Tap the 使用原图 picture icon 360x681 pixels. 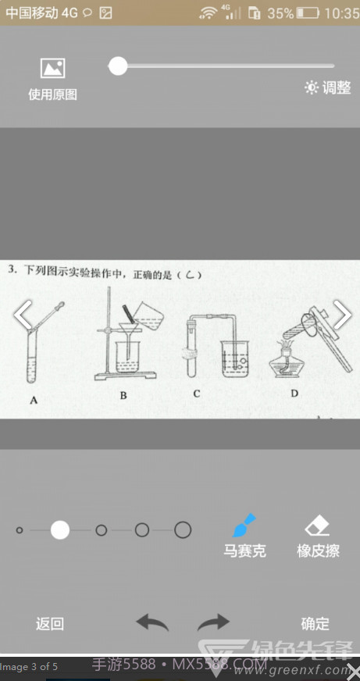click(x=52, y=69)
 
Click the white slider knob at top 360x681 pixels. click(x=118, y=66)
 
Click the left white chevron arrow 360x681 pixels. click(x=23, y=315)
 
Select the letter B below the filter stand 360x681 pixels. click(x=123, y=395)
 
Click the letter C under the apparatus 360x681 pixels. click(x=197, y=394)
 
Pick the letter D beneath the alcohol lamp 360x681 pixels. click(x=294, y=393)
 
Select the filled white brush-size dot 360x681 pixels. click(x=60, y=530)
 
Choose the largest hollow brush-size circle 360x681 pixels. click(x=183, y=530)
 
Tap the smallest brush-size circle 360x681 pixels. click(x=20, y=530)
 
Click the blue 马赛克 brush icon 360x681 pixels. click(x=244, y=525)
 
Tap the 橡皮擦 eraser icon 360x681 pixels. click(x=318, y=525)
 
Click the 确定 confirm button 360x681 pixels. click(x=315, y=624)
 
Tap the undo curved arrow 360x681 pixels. click(x=152, y=622)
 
